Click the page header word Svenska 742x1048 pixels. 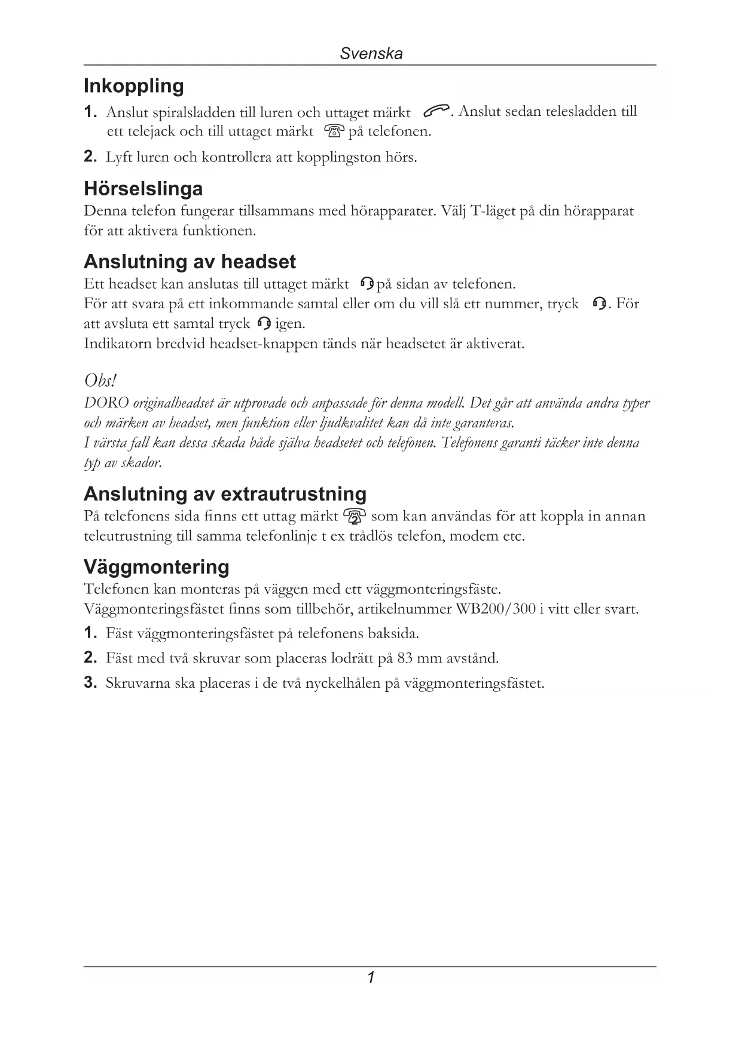[x=371, y=54]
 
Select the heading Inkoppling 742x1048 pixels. [x=134, y=86]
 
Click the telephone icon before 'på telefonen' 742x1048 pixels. [x=334, y=131]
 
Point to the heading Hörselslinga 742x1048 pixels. [x=143, y=189]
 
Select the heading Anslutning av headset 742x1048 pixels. [x=190, y=262]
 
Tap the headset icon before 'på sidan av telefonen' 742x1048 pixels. [x=368, y=284]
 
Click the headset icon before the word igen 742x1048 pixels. [x=263, y=324]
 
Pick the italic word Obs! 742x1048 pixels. [x=100, y=381]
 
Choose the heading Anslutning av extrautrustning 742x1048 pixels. [x=225, y=494]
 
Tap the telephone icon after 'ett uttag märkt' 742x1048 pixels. [x=355, y=516]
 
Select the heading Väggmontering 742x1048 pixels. [x=157, y=566]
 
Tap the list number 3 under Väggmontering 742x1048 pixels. [x=90, y=683]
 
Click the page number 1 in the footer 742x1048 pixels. [x=371, y=978]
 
